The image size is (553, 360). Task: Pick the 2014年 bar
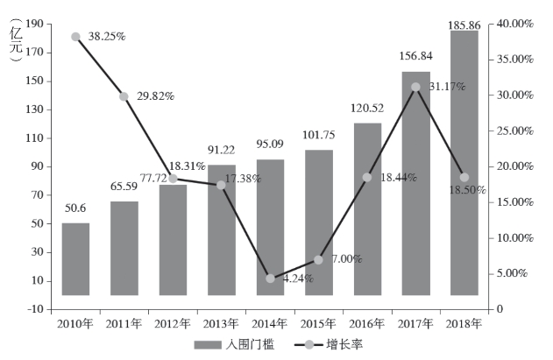pyautogui.click(x=270, y=227)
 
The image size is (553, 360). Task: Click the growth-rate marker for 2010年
pyautogui.click(x=75, y=37)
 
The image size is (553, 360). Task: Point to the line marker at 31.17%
pyautogui.click(x=416, y=87)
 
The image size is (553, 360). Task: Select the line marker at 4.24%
pyautogui.click(x=270, y=279)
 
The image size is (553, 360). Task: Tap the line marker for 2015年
pyautogui.click(x=319, y=259)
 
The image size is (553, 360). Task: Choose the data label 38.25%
pyautogui.click(x=107, y=37)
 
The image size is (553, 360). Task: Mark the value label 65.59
pyautogui.click(x=124, y=187)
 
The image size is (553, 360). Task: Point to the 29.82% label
pyautogui.click(x=156, y=96)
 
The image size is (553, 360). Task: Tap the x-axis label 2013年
pyautogui.click(x=221, y=324)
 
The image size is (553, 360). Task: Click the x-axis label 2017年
pyautogui.click(x=416, y=324)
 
